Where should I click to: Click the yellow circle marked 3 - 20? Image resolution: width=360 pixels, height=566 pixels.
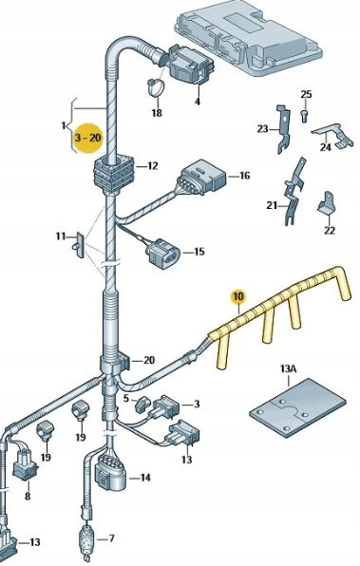[88, 138]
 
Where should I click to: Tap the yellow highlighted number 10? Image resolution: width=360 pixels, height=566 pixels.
[238, 296]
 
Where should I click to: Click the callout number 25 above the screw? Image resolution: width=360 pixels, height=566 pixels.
[306, 95]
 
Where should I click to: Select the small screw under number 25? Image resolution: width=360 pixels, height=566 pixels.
[304, 116]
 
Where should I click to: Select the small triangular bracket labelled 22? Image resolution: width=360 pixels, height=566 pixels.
[327, 204]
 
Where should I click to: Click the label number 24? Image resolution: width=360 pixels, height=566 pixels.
[326, 147]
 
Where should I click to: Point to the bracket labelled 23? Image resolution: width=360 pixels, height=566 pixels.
[283, 128]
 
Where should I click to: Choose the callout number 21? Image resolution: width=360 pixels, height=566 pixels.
[272, 206]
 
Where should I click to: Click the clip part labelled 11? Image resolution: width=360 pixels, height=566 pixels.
[80, 245]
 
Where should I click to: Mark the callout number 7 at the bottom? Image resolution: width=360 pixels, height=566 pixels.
[111, 538]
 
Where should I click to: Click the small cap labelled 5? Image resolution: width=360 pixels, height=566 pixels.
[142, 405]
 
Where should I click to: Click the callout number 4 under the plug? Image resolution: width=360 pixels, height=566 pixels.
[198, 102]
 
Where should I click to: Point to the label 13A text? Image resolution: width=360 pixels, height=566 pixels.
[288, 368]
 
